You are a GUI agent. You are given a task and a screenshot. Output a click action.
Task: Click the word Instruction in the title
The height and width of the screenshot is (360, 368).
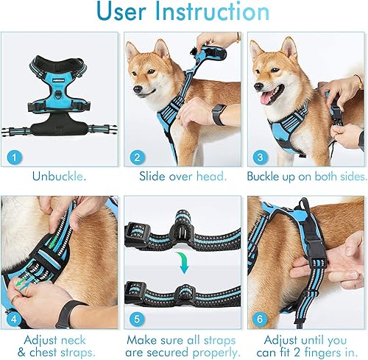pos(218,13)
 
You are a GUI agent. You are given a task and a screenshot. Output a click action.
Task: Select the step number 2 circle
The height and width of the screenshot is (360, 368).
pos(136,156)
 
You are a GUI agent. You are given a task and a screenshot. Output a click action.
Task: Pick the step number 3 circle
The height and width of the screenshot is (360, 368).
pos(258,156)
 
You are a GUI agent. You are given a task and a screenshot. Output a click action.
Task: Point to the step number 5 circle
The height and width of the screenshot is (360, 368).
pos(136,318)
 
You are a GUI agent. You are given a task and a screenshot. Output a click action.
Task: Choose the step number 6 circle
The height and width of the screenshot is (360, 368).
pos(258,318)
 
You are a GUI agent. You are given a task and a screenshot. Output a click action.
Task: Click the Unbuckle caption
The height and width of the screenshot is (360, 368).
pos(60,176)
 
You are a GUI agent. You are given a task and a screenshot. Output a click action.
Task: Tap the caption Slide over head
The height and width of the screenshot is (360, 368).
pos(182,176)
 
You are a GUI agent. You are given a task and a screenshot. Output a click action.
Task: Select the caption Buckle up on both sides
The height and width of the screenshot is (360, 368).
pos(305,176)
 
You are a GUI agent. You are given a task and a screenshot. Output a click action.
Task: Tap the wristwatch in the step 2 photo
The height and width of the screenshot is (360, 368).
pos(219,114)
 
